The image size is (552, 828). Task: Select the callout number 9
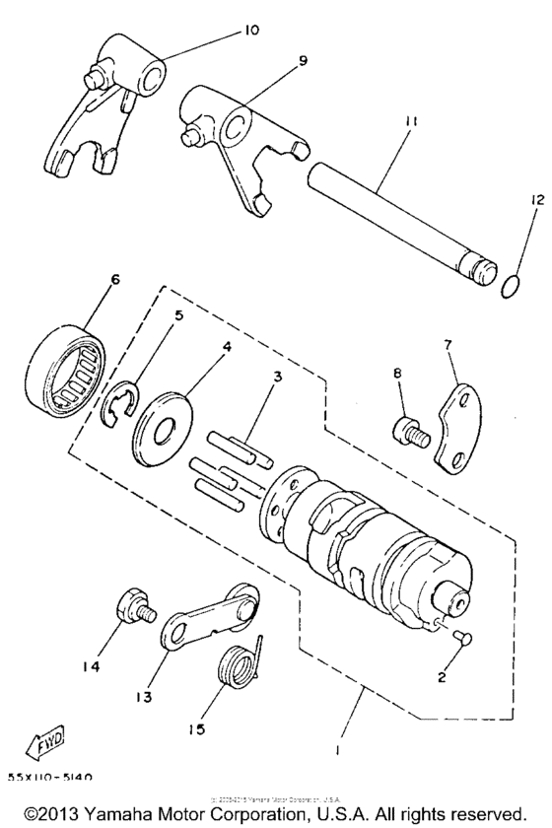[303, 61]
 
